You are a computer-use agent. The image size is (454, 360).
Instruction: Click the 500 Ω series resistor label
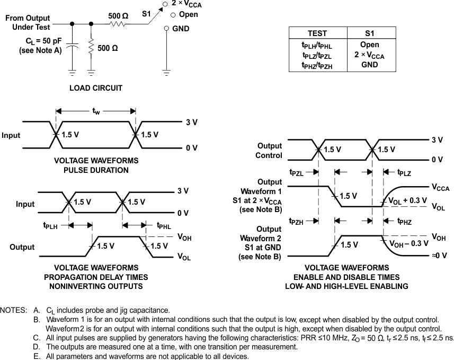[x=118, y=16]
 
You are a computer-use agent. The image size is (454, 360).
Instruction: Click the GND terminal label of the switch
[x=180, y=28]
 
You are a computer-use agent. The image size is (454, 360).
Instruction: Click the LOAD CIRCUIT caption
[x=96, y=88]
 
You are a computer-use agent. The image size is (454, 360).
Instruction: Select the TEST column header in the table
[x=317, y=32]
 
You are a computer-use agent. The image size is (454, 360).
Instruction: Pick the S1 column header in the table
[x=369, y=32]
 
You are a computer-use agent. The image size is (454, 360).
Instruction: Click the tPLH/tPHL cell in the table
[x=317, y=46]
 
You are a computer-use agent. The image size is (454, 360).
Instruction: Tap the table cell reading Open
[x=369, y=45]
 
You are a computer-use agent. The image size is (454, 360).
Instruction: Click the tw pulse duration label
[x=96, y=111]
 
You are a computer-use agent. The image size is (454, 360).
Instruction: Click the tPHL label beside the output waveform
[x=164, y=225]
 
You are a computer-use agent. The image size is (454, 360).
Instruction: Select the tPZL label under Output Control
[x=298, y=173]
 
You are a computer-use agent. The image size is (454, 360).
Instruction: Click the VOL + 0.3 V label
[x=408, y=201]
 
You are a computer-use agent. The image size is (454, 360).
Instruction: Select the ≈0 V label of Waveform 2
[x=439, y=255]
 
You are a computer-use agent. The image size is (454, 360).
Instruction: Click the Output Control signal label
[x=270, y=151]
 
